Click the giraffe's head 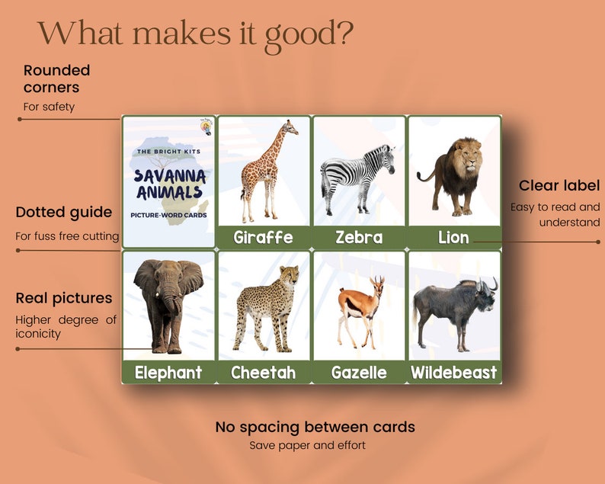289,127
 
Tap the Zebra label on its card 359,238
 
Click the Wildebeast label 453,373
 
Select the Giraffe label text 263,238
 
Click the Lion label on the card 453,238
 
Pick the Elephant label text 168,373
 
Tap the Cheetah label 263,373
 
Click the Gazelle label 359,373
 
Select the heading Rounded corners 56,79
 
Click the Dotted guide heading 63,212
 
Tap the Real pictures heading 63,298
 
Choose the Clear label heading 559,185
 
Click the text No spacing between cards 315,427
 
